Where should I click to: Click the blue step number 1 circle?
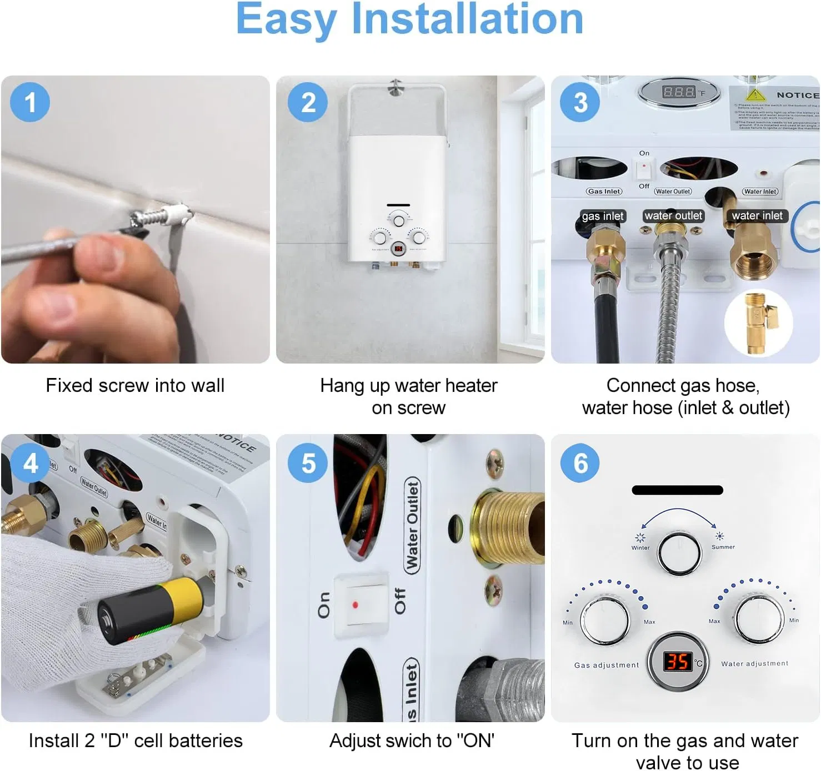point(30,102)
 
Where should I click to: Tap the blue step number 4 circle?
point(31,463)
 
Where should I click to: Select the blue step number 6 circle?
point(580,463)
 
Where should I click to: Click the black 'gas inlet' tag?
point(603,216)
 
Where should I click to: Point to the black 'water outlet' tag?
point(673,215)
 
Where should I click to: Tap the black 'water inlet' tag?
point(757,215)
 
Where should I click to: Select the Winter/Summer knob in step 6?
point(679,553)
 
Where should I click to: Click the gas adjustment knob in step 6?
point(605,619)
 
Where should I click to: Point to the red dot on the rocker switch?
point(355,604)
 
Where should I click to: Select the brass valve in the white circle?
point(758,322)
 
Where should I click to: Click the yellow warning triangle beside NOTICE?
point(755,94)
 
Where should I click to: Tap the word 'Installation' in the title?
point(467,19)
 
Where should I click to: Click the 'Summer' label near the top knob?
point(723,547)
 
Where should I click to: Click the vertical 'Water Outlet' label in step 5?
point(412,525)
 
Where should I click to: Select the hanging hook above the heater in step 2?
point(395,87)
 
